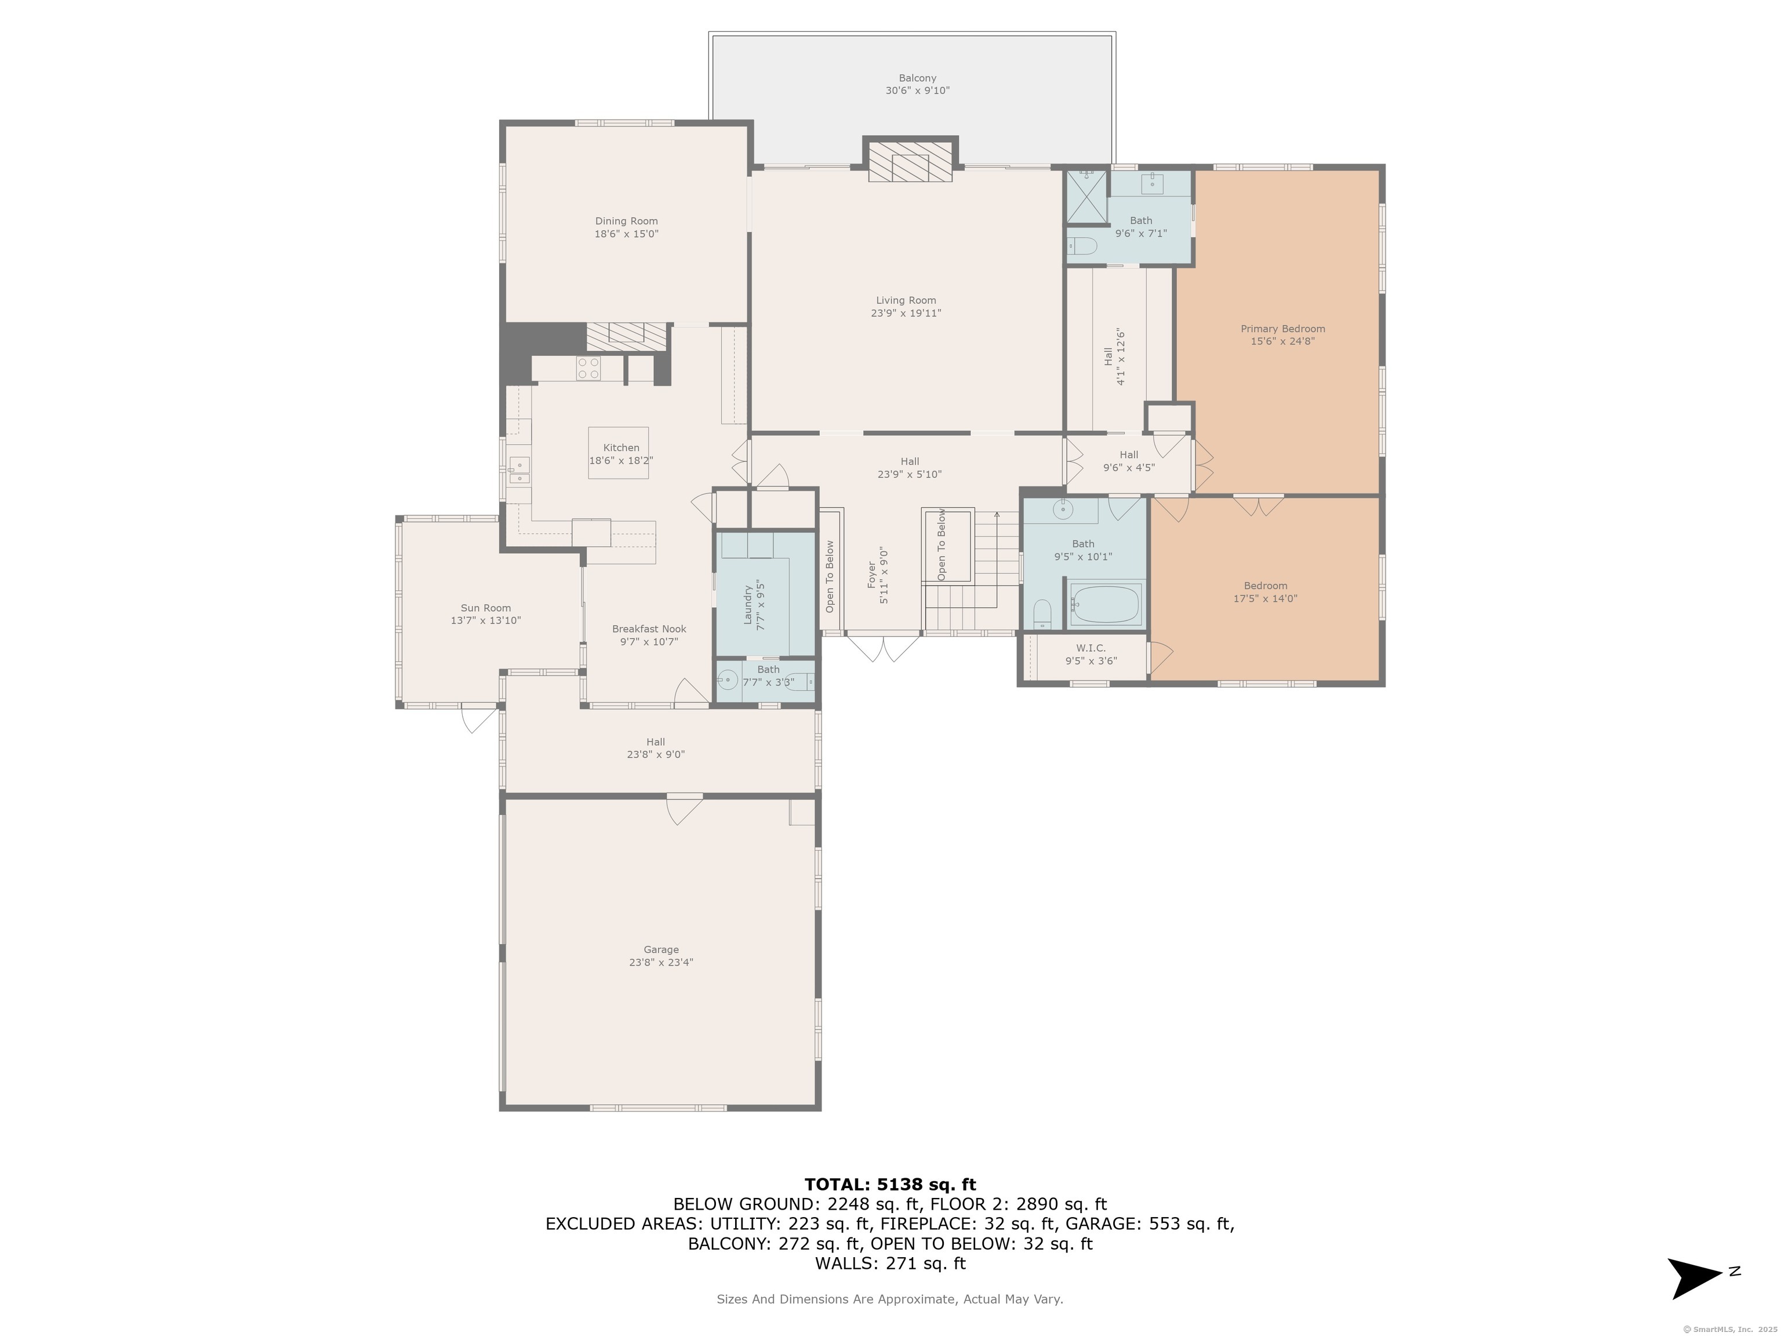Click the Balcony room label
pyautogui.click(x=917, y=78)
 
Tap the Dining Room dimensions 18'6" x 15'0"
pyautogui.click(x=626, y=234)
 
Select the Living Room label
pyautogui.click(x=906, y=300)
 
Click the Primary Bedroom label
pyautogui.click(x=1282, y=329)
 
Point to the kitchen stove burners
pyautogui.click(x=588, y=368)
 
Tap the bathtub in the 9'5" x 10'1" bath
pyautogui.click(x=1106, y=604)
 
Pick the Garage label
pyautogui.click(x=661, y=949)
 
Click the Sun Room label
pyautogui.click(x=485, y=608)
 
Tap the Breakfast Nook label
pyautogui.click(x=649, y=629)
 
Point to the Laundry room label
pyautogui.click(x=747, y=604)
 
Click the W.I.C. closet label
pyautogui.click(x=1091, y=648)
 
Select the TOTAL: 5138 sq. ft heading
pyautogui.click(x=890, y=1185)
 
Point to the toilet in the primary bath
pyautogui.click(x=1081, y=246)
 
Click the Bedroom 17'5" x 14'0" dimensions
pyautogui.click(x=1265, y=598)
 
